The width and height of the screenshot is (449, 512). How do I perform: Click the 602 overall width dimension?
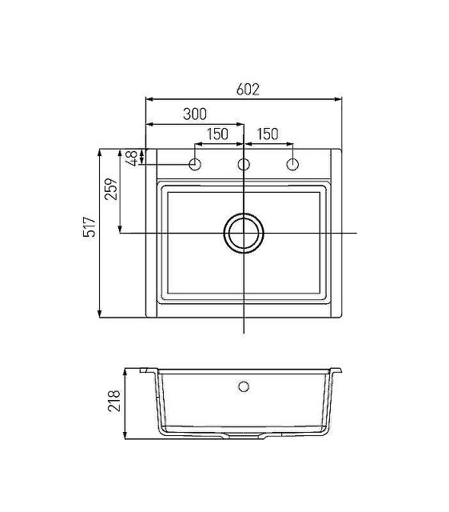pyautogui.click(x=248, y=89)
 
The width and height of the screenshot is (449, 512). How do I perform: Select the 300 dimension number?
pyautogui.click(x=195, y=114)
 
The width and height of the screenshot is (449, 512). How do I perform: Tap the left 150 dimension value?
pyautogui.click(x=217, y=134)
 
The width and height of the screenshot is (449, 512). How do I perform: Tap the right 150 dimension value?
pyautogui.click(x=268, y=134)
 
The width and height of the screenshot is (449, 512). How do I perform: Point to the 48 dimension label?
pyautogui.click(x=133, y=158)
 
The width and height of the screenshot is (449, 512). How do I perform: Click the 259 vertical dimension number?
pyautogui.click(x=111, y=189)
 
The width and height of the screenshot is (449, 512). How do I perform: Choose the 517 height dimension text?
pyautogui.click(x=89, y=226)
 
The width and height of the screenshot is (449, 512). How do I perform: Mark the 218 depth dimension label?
pyautogui.click(x=114, y=400)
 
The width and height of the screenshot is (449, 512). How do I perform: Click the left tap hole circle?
pyautogui.click(x=195, y=164)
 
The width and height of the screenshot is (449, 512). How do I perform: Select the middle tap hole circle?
pyautogui.click(x=244, y=164)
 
